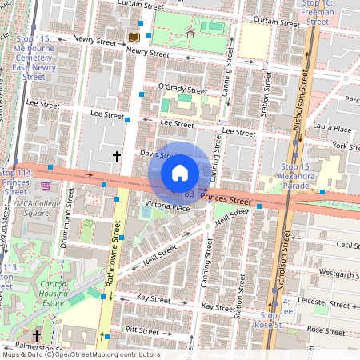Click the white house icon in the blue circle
coord(180,173)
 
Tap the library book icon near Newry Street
coord(134,38)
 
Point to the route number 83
coord(189,194)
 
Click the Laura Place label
coord(333,128)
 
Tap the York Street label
coord(345,146)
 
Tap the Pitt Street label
coord(142,330)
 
